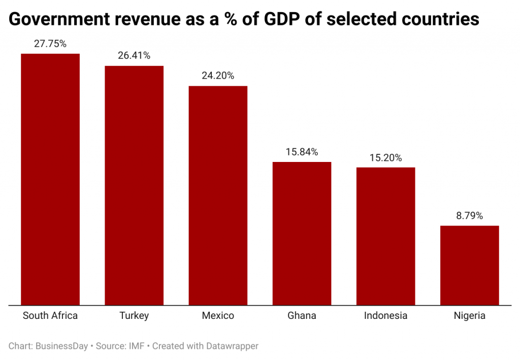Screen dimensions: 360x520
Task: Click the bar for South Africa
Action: click(x=50, y=179)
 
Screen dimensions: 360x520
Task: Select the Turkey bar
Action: click(x=134, y=185)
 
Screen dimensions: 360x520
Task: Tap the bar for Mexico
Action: click(x=218, y=195)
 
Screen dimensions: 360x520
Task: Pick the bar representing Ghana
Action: click(x=302, y=234)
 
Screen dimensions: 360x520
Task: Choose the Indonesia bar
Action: click(x=385, y=236)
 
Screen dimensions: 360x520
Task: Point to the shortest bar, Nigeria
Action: click(x=469, y=265)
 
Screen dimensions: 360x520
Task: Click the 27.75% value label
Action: click(x=50, y=44)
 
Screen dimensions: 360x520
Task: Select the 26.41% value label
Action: click(x=134, y=56)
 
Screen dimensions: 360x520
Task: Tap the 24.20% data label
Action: click(x=218, y=76)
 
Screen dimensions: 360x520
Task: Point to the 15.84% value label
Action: click(x=302, y=152)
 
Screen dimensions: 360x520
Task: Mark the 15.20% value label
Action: click(x=385, y=157)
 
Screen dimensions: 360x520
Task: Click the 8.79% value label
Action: click(x=469, y=216)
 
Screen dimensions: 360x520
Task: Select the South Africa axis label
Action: click(x=50, y=316)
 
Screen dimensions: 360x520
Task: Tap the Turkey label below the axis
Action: click(x=134, y=316)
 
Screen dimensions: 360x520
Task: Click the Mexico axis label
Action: click(x=218, y=316)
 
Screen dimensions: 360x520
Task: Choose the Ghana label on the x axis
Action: click(x=302, y=316)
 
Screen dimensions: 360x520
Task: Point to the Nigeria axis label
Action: click(x=469, y=316)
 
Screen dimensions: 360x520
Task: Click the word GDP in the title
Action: click(x=291, y=19)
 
